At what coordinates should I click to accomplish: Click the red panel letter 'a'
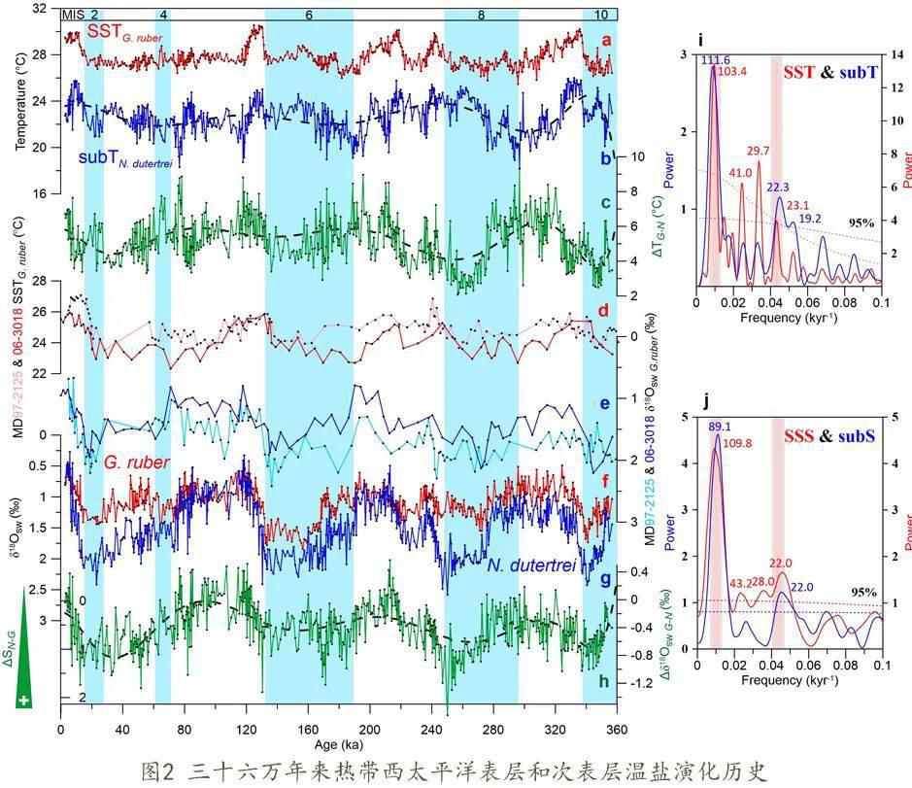coord(607,40)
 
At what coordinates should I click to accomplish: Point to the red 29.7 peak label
coord(760,151)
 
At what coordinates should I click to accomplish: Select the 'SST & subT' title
coord(828,72)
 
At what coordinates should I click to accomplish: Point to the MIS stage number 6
coord(308,16)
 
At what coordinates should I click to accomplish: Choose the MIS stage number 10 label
coord(601,16)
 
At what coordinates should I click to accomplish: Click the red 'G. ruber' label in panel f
coord(137,463)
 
